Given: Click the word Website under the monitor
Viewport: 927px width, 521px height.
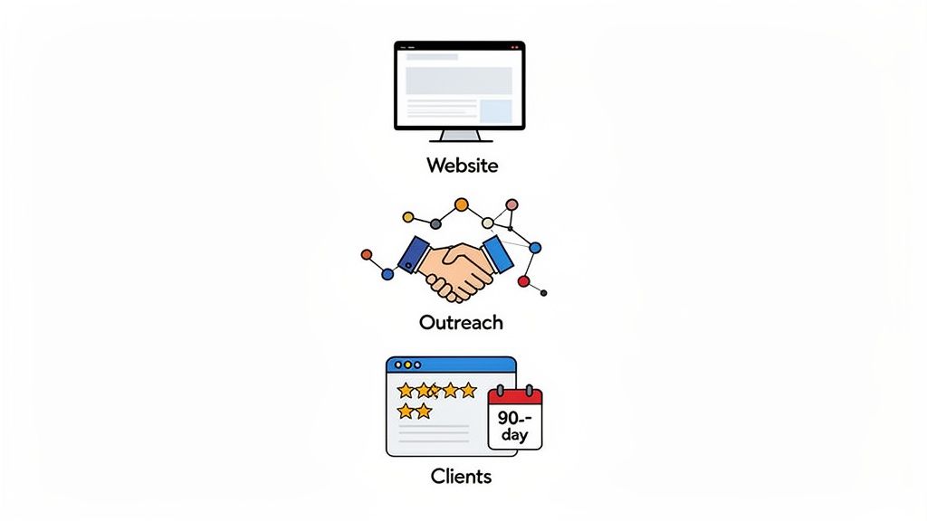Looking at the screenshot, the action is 462,166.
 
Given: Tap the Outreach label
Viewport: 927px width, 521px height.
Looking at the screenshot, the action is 461,322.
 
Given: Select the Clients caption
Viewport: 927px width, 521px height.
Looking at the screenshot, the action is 462,476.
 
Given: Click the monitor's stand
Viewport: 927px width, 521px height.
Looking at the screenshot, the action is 460,136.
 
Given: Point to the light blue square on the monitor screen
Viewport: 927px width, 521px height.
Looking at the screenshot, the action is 495,110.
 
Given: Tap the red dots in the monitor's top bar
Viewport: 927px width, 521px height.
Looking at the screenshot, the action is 515,47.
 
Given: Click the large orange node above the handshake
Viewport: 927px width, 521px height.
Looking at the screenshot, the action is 462,204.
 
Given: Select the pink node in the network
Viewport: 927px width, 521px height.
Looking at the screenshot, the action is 511,204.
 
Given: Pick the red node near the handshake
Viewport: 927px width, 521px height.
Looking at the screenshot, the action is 523,281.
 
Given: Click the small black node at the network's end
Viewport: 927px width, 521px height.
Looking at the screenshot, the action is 543,292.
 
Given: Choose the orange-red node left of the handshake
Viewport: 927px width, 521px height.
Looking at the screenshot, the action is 367,254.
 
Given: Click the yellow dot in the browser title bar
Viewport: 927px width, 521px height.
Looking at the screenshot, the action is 406,365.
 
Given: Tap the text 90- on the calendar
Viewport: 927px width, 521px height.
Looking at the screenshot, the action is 513,419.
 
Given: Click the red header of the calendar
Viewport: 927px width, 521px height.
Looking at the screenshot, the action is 514,396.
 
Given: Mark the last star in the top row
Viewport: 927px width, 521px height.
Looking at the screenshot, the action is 468,390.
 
